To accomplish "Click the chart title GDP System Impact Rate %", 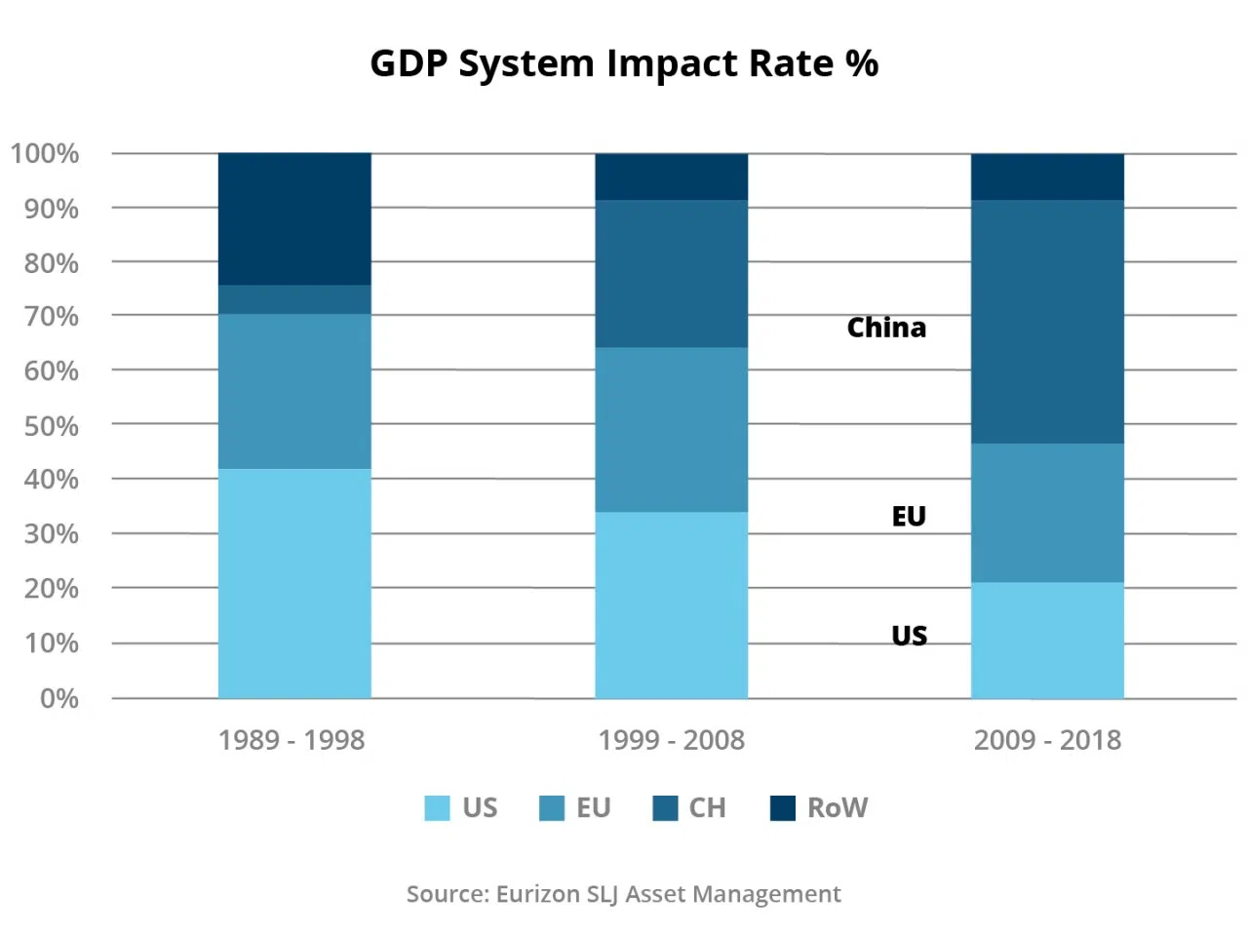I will click(x=624, y=63).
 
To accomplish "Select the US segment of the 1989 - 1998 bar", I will click(x=294, y=583).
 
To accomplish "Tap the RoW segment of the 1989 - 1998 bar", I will click(x=294, y=218).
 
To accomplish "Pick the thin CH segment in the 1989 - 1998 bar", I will click(x=294, y=299).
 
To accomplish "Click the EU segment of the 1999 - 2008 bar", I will click(x=672, y=429).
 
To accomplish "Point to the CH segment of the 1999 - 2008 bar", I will click(x=672, y=273).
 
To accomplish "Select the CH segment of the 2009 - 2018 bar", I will click(x=1047, y=322).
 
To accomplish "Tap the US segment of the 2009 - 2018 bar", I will click(x=1047, y=640).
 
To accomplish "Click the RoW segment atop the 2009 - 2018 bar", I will click(x=1047, y=176).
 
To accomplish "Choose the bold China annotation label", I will click(x=886, y=328).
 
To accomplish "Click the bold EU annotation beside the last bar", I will click(x=909, y=516).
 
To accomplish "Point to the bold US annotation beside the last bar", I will click(x=909, y=636).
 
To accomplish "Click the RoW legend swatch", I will click(x=783, y=808).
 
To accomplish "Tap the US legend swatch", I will click(x=438, y=808).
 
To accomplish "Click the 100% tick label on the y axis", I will click(x=45, y=154).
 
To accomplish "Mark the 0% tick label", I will click(x=58, y=698).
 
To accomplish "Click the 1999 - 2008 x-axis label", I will click(x=672, y=740).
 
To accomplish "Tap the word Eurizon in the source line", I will click(x=537, y=894).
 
